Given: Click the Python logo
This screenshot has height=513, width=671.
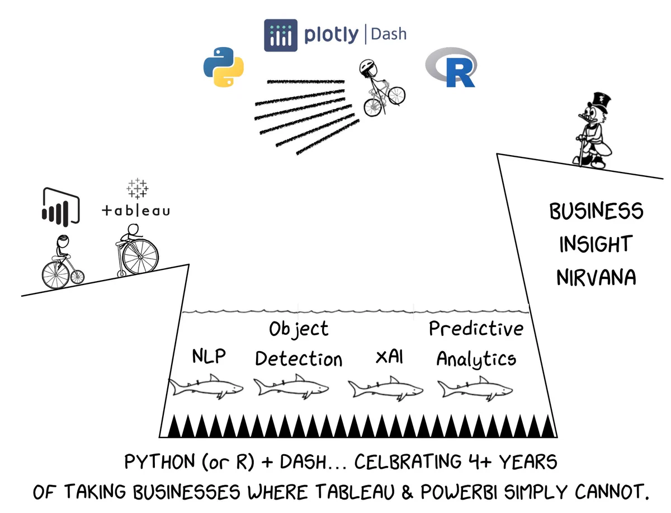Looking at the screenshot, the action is click(224, 67).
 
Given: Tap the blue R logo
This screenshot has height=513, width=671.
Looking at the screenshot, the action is click(451, 67).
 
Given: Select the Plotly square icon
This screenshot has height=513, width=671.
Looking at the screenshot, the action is click(281, 35).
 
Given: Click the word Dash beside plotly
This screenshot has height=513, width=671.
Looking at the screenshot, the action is click(388, 34).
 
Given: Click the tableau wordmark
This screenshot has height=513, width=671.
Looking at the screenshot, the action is click(136, 211).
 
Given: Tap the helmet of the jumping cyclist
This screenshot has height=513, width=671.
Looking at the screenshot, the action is click(368, 67).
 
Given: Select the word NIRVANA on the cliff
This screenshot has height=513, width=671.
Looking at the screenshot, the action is click(596, 278).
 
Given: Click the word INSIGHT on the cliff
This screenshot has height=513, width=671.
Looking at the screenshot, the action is click(596, 244).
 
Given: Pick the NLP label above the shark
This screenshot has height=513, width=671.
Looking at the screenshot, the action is click(209, 356).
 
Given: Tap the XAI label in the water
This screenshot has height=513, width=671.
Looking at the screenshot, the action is click(389, 357).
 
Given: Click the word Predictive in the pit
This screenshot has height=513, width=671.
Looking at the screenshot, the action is click(476, 328).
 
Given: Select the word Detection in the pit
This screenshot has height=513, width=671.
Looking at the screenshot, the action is click(299, 359).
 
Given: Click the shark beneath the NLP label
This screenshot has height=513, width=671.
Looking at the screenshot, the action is click(206, 386).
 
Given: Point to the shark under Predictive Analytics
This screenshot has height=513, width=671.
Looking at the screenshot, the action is click(475, 389).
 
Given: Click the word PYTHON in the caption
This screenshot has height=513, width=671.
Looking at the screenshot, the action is click(159, 461).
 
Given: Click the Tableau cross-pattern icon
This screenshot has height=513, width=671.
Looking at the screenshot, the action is click(137, 188).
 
